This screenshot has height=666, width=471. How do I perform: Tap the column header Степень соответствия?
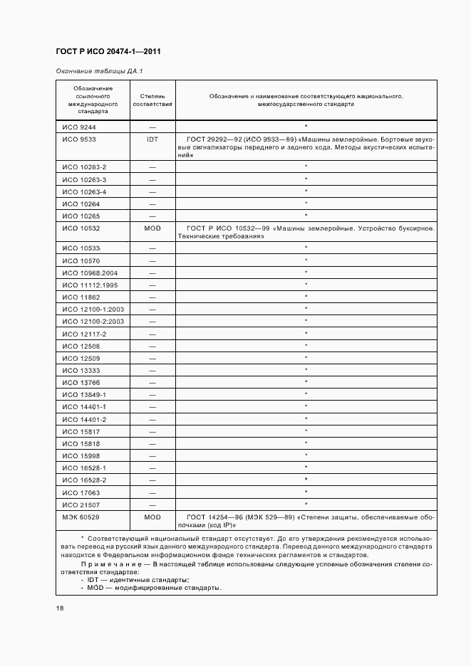[x=152, y=100]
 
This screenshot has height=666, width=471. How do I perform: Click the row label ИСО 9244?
[x=78, y=127]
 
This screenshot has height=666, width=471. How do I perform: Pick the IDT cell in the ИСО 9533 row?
[x=152, y=139]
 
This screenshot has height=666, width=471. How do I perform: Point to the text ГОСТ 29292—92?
[x=213, y=139]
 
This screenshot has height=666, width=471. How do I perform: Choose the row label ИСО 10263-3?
[x=84, y=179]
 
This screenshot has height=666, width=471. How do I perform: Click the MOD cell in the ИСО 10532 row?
[x=152, y=228]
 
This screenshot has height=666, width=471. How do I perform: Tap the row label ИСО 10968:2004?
[x=90, y=273]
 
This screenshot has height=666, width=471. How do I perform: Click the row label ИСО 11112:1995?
[x=90, y=285]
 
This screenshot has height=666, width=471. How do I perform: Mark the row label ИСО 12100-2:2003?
[x=93, y=322]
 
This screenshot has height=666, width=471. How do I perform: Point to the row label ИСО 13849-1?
[x=84, y=394]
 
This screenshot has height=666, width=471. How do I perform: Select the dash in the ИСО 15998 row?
[x=152, y=455]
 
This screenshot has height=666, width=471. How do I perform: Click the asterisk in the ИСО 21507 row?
[x=306, y=504]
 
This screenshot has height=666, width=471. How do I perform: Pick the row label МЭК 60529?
[x=81, y=517]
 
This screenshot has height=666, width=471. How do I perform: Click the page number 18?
[x=60, y=608]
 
